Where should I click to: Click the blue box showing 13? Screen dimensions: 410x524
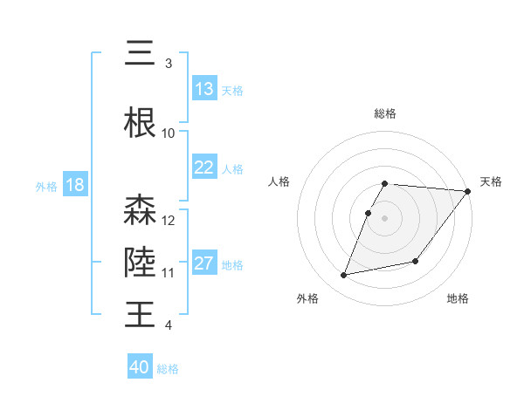pos(204,89)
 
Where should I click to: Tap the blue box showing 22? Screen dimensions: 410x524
pos(204,167)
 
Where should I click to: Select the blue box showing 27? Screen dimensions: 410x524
pos(204,263)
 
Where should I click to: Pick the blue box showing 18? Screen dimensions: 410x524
pos(75,185)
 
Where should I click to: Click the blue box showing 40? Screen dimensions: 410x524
pos(140,367)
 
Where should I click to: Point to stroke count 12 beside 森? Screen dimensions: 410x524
pos(169,220)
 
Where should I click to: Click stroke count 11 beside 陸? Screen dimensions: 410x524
pos(169,272)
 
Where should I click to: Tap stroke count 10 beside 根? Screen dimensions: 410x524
pos(169,133)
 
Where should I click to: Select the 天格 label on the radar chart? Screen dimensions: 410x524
pos(491,181)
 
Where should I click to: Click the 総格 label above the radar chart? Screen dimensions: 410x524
pos(385,113)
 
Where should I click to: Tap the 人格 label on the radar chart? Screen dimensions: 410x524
pos(279,181)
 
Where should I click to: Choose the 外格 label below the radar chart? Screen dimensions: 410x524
pos(307,298)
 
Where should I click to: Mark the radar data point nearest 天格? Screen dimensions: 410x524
pos(468,192)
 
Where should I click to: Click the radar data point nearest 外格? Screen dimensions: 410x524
pos(344,275)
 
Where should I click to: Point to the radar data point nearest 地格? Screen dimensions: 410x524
pos(416,261)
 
